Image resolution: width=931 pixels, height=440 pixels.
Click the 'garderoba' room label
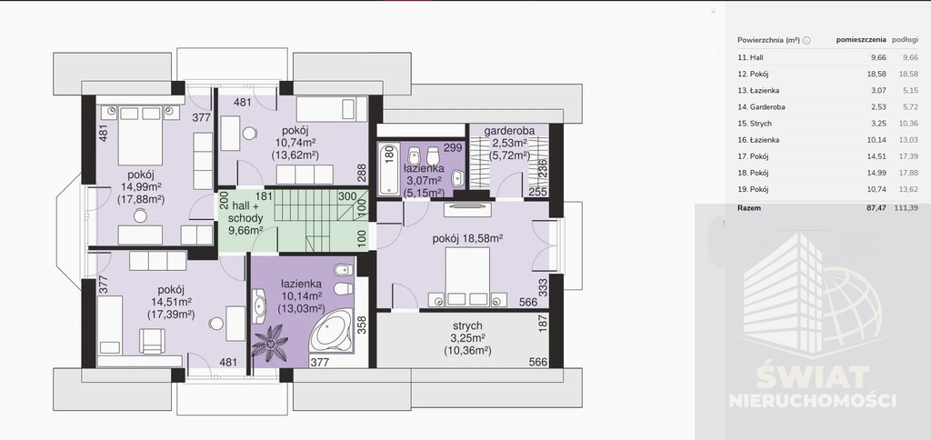[509, 131]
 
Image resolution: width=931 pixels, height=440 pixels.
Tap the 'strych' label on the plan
[467, 325]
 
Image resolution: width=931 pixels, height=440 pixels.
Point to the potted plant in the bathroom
[270, 343]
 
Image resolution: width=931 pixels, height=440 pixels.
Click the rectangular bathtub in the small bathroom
[389, 168]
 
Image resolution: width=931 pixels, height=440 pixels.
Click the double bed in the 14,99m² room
[140, 136]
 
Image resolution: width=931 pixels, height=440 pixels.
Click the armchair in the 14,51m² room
[153, 341]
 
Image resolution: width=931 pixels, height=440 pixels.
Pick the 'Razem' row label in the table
[749, 208]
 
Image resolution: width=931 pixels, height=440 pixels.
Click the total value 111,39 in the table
[906, 208]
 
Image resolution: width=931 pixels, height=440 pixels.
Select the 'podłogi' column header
[905, 40]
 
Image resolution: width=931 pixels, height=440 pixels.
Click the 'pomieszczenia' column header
[861, 40]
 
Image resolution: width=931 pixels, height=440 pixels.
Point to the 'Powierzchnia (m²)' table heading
[769, 40]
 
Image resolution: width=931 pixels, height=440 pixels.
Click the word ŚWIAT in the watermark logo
[812, 377]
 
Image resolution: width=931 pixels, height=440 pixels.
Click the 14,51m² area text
[172, 302]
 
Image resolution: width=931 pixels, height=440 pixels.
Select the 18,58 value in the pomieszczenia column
[876, 75]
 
